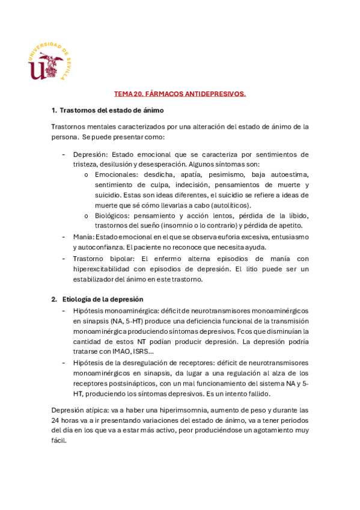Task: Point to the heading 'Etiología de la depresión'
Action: click(x=103, y=299)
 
